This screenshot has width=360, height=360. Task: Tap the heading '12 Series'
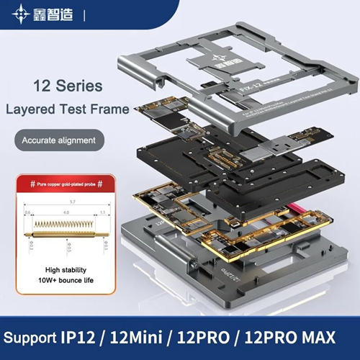68,86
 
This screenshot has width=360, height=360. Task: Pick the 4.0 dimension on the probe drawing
65,213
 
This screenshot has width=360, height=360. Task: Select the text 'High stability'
60,265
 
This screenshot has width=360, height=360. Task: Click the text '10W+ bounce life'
60,277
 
